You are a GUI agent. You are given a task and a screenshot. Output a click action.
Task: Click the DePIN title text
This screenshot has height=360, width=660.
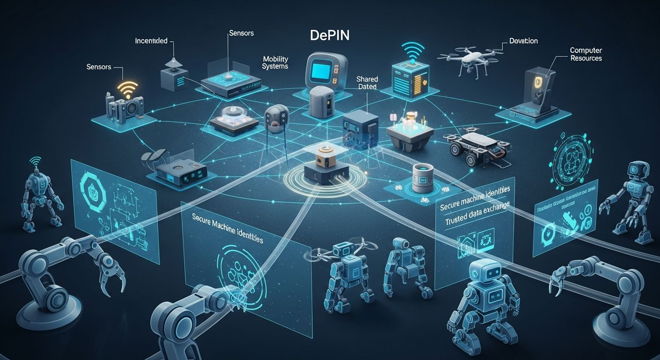[x=330, y=36]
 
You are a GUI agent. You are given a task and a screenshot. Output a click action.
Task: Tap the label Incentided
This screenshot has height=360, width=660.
[x=151, y=41]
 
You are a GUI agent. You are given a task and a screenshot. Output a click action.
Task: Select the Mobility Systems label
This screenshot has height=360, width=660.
[x=275, y=63]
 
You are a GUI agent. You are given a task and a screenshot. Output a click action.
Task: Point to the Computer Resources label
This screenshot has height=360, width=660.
[x=585, y=54]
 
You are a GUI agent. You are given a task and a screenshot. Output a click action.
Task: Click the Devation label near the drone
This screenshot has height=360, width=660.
[x=523, y=41]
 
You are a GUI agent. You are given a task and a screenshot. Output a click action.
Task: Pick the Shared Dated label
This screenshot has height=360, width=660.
[x=367, y=83]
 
